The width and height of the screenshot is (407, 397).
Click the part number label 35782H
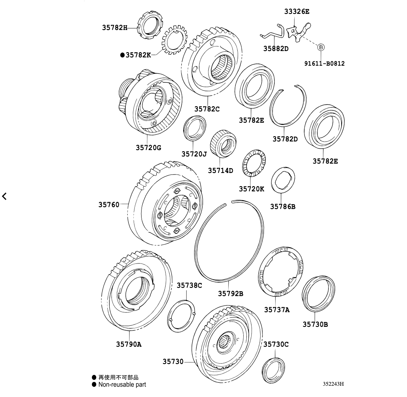pos(115,27)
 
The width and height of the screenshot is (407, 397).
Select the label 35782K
pos(138,55)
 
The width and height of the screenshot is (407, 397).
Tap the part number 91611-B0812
pos(324,63)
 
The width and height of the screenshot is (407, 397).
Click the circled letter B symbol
pos(321,47)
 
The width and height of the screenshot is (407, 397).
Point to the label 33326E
pos(297,12)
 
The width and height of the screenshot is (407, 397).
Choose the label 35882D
pos(276,48)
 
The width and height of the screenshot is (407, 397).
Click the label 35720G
pos(148,147)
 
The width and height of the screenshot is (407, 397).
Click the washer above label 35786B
pos(282,180)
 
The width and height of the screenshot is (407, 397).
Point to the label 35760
pos(109,205)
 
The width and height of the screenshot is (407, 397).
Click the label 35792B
pos(231,293)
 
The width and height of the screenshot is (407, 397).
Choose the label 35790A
pos(128,344)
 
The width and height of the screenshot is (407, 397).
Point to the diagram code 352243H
pos(333,384)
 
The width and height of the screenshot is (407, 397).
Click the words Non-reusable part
pos(122,384)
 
